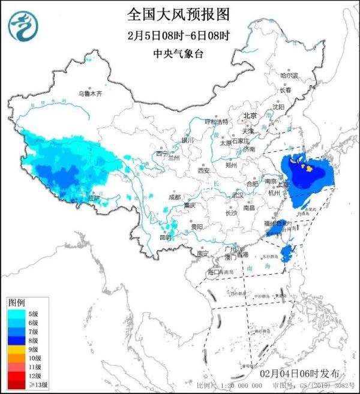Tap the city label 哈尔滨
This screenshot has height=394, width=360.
pyautogui.click(x=289, y=76)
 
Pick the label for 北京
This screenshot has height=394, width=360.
pyautogui.click(x=250, y=115)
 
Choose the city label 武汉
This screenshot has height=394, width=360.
pyautogui.click(x=238, y=195)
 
